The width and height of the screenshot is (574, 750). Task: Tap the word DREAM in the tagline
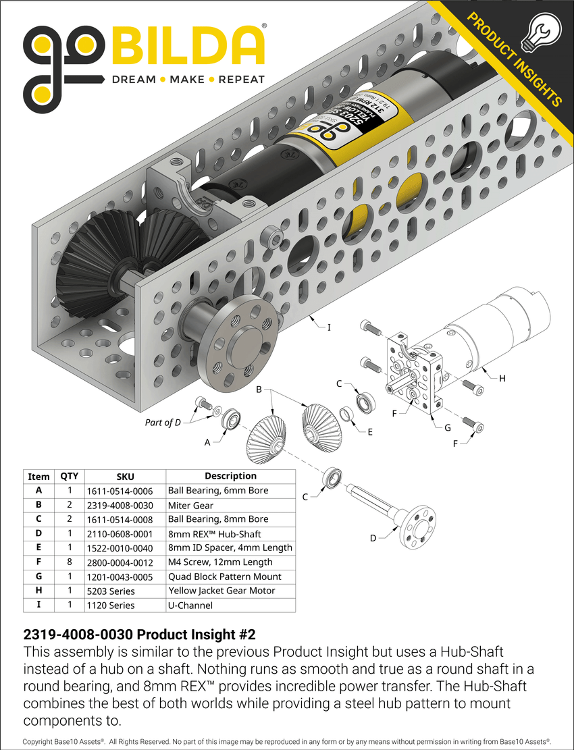133,80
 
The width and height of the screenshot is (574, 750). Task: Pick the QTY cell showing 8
70,562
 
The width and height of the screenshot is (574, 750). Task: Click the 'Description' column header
230,476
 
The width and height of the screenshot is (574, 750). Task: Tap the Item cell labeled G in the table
38,577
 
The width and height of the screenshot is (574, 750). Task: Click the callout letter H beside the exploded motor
502,379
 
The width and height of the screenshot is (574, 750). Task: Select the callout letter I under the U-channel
329,327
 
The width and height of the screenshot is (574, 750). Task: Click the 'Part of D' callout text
163,423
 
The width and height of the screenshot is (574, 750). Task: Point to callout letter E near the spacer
369,431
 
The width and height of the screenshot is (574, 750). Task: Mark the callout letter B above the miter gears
259,390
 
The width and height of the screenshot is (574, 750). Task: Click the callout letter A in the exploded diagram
207,441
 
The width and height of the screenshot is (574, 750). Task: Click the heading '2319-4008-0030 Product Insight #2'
139,635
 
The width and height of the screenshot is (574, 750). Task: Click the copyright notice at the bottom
287,741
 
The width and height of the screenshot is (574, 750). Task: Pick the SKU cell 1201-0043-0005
120,577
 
